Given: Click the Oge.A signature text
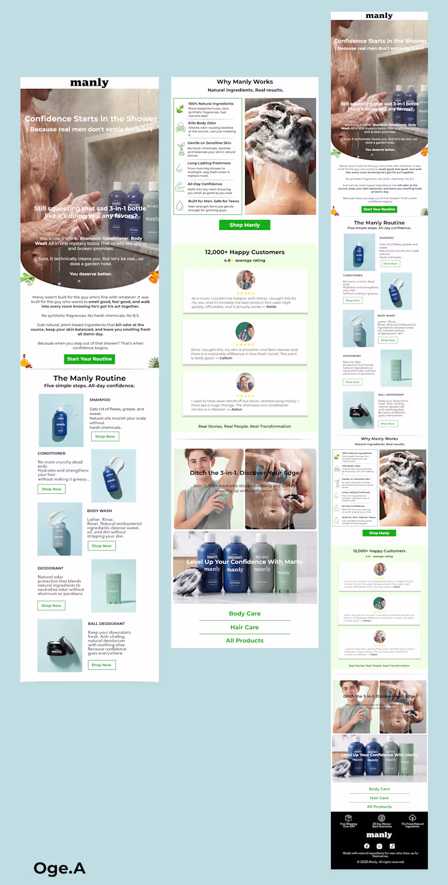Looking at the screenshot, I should point(59,868).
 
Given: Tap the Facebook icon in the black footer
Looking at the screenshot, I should point(367,846).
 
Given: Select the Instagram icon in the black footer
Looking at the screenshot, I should point(379,846).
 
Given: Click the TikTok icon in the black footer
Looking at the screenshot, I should point(392,846).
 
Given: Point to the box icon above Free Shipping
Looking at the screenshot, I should point(348,818).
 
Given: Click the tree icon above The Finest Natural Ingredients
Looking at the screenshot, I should point(412,818).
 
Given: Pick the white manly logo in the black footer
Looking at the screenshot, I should point(379,835).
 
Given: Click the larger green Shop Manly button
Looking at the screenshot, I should point(245,225).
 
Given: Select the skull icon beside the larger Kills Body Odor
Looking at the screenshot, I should point(180,128).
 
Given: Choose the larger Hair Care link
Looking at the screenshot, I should point(245,627).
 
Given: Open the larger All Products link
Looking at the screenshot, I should point(245,641).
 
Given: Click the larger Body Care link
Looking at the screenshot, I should point(245,614).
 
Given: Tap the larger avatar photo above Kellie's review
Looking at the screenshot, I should point(245,279).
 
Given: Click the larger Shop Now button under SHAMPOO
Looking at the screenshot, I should point(105,436).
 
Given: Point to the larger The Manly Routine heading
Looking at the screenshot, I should point(90,378).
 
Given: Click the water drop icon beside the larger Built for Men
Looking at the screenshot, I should point(180,205).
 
